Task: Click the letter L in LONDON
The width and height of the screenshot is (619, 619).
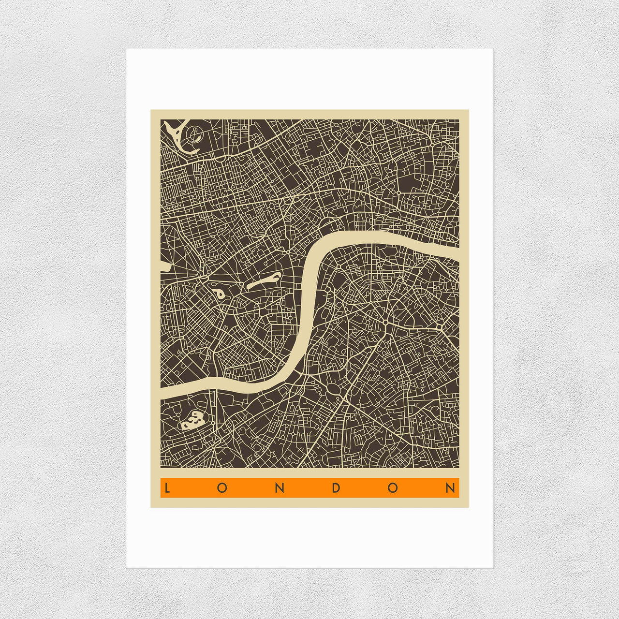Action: pyautogui.click(x=166, y=488)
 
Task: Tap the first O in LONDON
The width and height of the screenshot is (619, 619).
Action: pyautogui.click(x=222, y=488)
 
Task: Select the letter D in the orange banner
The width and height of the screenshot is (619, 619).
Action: pyautogui.click(x=336, y=488)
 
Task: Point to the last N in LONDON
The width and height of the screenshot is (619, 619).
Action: pyautogui.click(x=450, y=488)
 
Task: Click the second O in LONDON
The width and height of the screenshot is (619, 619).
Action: pyautogui.click(x=393, y=488)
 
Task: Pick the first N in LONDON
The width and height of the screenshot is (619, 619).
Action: pyautogui.click(x=279, y=488)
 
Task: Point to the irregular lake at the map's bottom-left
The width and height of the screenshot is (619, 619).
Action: pyautogui.click(x=193, y=420)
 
